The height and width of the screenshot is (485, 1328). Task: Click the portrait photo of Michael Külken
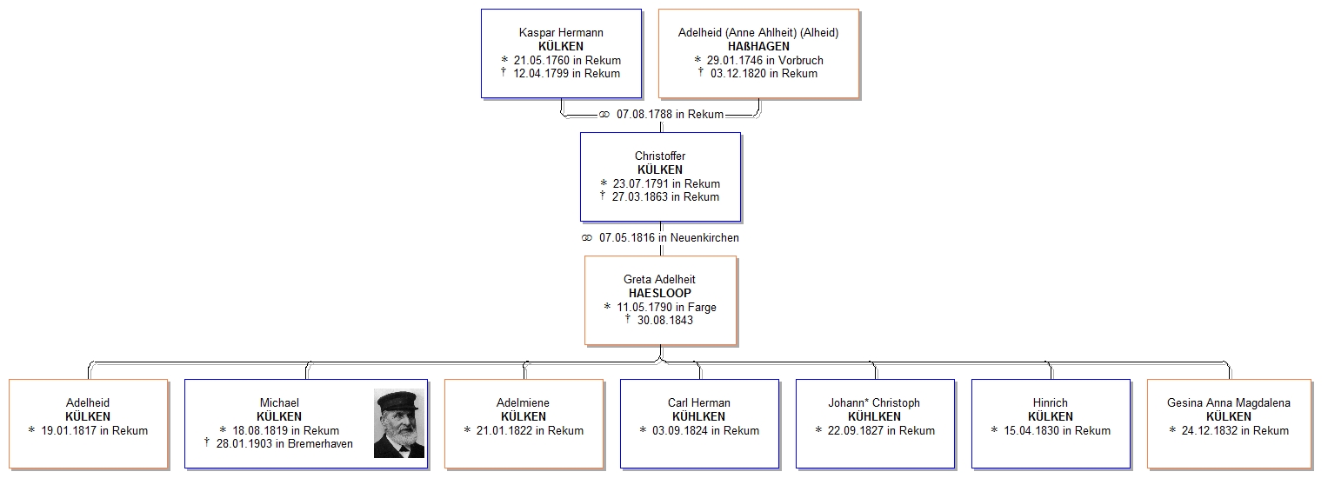tap(399, 423)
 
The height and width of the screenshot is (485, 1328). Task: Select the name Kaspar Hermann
tap(561, 32)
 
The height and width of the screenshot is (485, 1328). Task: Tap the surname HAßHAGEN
tap(758, 46)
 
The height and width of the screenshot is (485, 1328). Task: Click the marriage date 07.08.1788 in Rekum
tap(670, 114)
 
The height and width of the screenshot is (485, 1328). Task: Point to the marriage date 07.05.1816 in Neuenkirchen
tap(669, 237)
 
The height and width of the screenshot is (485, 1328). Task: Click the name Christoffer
tap(660, 156)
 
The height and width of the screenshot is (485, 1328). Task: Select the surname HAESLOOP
tap(660, 293)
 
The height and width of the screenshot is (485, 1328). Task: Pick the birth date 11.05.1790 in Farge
tap(666, 307)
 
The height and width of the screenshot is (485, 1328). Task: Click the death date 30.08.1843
tap(665, 321)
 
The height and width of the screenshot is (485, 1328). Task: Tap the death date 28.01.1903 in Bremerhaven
tap(284, 443)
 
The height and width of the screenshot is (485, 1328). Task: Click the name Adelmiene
tap(523, 402)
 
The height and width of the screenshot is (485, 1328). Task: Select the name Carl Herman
tap(699, 402)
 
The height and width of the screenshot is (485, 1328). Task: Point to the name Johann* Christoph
tap(874, 402)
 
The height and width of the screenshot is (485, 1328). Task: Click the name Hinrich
tap(1050, 402)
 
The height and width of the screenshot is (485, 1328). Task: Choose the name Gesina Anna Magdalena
tap(1228, 402)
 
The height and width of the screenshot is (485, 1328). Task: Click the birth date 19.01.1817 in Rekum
tap(94, 430)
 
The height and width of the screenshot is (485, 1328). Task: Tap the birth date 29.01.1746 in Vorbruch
tap(764, 60)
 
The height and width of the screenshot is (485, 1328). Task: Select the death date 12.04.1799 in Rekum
tap(567, 73)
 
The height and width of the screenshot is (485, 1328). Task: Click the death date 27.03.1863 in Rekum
tap(665, 196)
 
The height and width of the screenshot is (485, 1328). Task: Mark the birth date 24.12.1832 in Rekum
tap(1235, 430)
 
